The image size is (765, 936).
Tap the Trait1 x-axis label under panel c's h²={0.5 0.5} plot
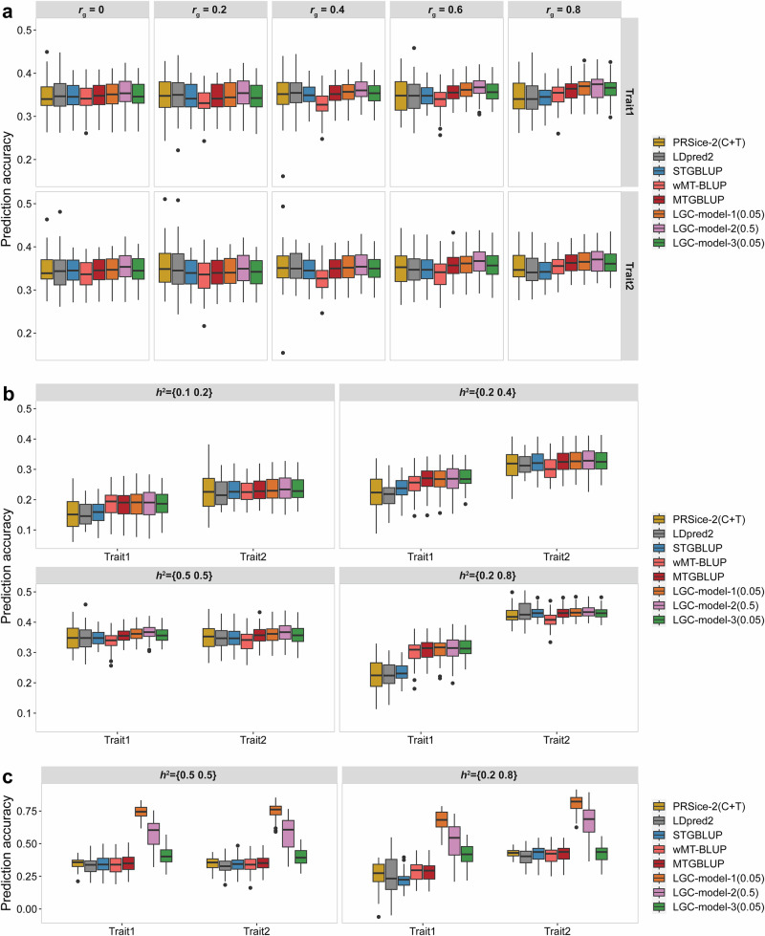pos(114,926)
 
